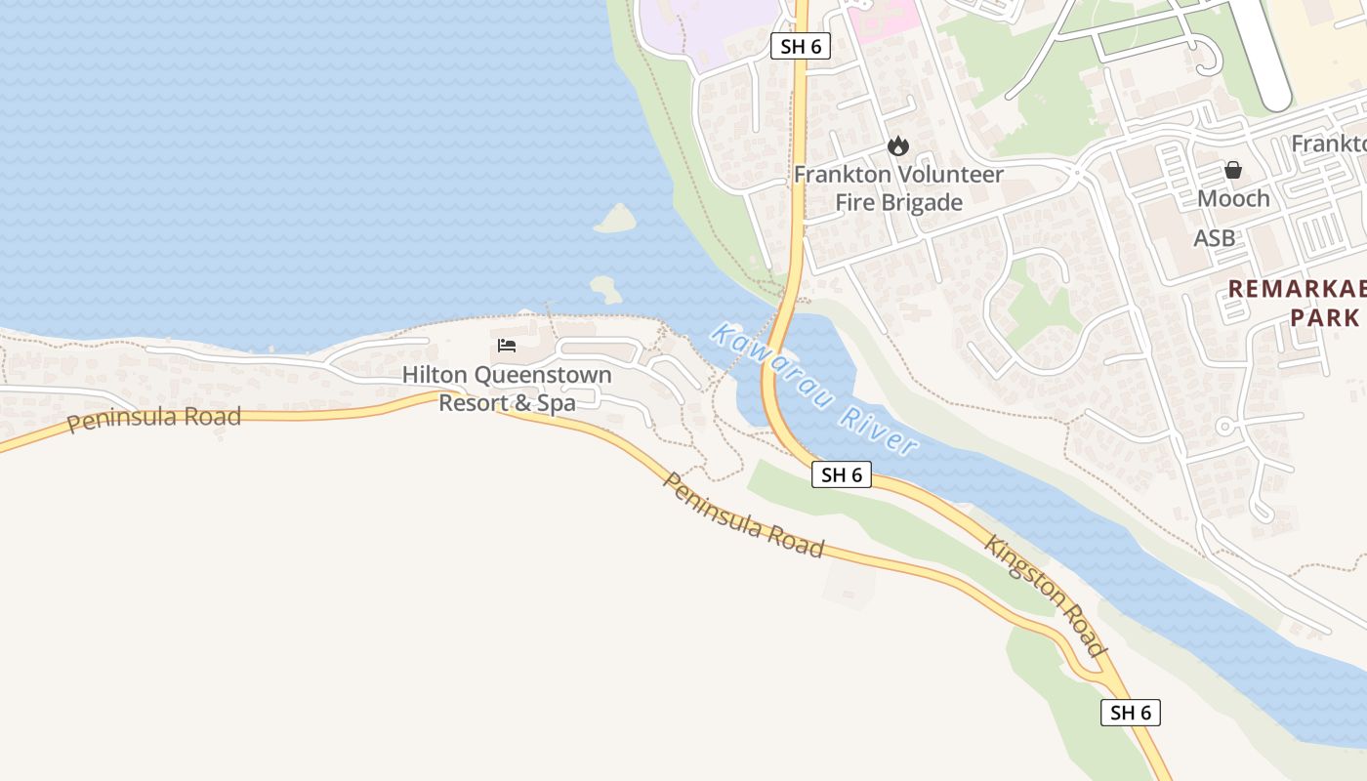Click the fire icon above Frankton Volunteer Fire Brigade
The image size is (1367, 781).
897,146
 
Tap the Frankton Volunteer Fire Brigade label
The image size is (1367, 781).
898,188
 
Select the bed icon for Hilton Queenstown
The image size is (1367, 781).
506,346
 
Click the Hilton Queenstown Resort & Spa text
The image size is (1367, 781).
507,389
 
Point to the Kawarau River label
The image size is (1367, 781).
814,390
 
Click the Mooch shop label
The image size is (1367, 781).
1233,198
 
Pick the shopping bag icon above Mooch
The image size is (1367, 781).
1233,170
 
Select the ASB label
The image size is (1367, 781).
1214,238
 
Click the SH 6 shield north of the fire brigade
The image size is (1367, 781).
800,46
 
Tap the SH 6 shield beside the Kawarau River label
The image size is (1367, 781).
841,474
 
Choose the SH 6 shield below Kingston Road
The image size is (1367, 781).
1131,712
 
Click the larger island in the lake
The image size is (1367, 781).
615,219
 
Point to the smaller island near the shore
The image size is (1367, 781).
605,289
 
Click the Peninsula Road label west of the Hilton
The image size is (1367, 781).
153,419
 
